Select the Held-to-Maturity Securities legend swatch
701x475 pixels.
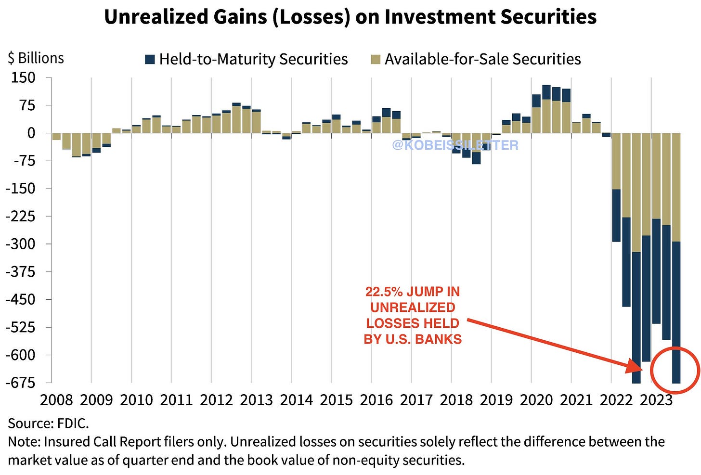point(150,59)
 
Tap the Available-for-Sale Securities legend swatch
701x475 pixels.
point(376,59)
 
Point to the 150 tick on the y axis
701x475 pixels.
point(23,77)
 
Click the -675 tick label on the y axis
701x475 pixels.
point(21,383)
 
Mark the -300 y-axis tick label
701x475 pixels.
point(21,244)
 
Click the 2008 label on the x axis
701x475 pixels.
point(57,400)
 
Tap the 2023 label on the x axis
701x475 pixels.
point(656,400)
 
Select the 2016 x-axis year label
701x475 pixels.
point(376,400)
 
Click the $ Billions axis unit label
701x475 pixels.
point(36,58)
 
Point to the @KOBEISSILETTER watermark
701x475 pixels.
point(455,145)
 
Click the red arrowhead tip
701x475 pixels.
point(641,370)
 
